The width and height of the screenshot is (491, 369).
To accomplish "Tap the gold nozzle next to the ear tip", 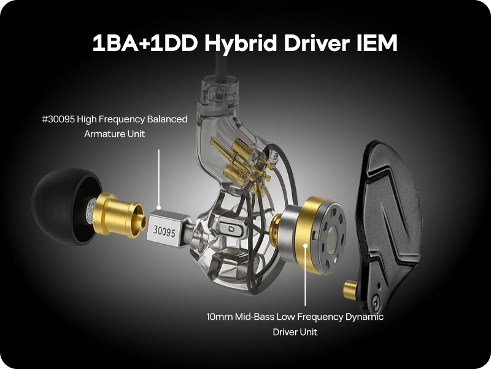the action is pos(120,215).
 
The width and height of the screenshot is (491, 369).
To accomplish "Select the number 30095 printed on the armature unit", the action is pos(164,232).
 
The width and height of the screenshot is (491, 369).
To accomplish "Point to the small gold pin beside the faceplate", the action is pos(349,290).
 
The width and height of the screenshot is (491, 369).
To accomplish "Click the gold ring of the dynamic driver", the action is pos(309,236).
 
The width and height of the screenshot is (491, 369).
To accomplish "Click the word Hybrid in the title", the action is pos(241,43).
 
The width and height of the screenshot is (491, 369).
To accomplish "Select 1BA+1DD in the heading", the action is pos(145,42).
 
